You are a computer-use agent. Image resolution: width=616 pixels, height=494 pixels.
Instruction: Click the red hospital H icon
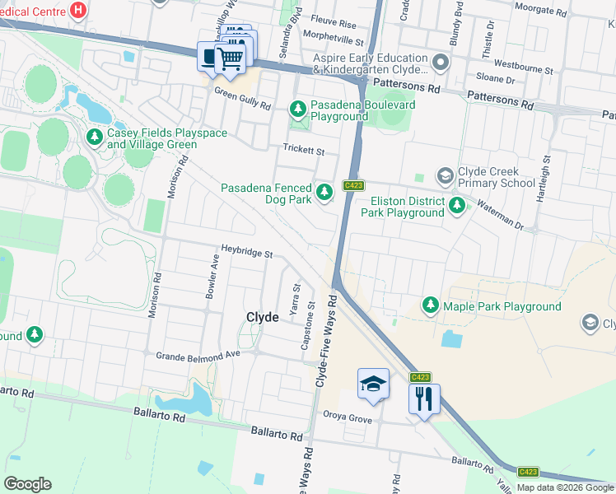click(78, 10)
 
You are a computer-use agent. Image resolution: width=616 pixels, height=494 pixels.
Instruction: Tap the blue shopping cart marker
click(230, 58)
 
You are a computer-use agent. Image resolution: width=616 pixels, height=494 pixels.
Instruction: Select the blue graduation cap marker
click(373, 384)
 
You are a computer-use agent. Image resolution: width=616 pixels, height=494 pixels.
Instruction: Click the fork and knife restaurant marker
click(424, 399)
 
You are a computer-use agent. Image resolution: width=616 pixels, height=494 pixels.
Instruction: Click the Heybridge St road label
click(246, 251)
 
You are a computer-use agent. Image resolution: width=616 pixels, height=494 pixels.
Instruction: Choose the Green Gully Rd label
click(243, 100)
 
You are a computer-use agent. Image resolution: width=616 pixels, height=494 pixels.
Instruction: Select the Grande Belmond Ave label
click(197, 355)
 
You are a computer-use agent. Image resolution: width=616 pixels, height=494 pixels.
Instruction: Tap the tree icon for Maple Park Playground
click(430, 306)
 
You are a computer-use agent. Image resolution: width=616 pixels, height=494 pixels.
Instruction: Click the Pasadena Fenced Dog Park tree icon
click(325, 193)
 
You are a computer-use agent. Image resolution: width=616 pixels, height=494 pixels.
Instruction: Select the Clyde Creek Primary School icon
click(445, 176)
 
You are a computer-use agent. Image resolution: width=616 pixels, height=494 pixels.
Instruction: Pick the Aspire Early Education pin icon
click(441, 63)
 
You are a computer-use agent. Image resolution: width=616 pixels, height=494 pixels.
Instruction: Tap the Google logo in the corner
click(27, 484)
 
